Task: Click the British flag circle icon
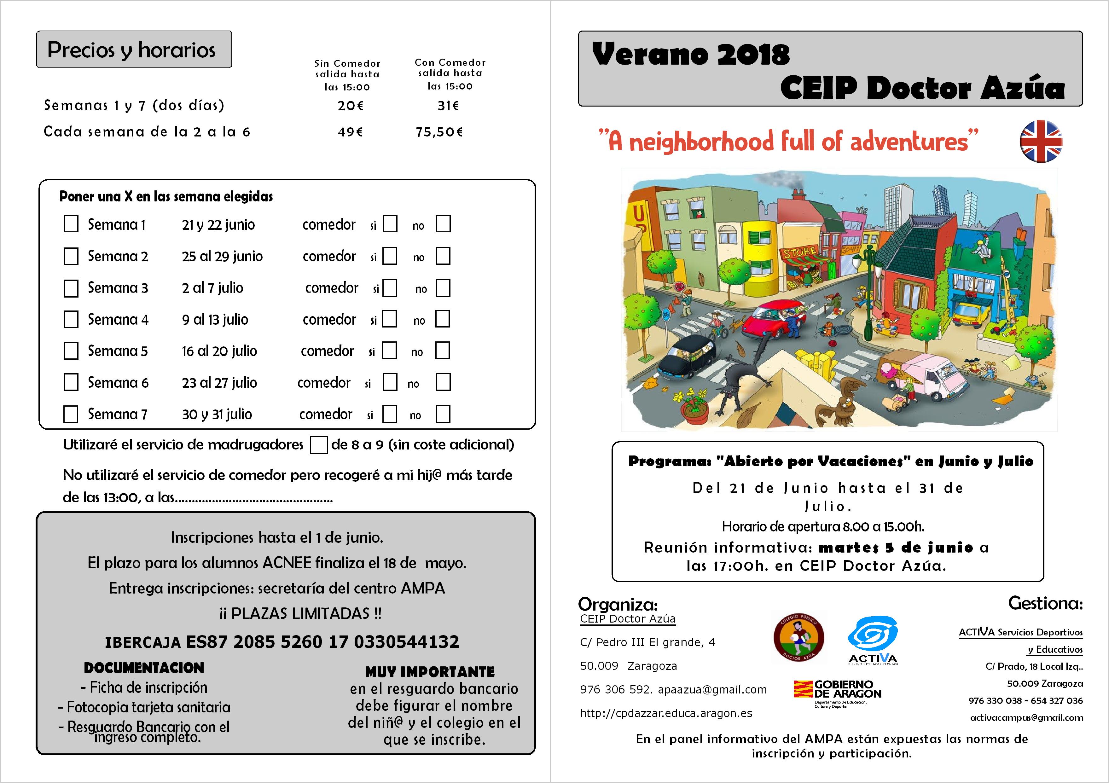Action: click(x=1041, y=141)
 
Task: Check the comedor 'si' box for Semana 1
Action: click(x=390, y=224)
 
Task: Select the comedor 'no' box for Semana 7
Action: click(x=443, y=414)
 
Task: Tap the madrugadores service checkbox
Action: click(x=318, y=445)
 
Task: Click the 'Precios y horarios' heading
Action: click(x=131, y=50)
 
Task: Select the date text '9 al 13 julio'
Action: click(x=215, y=320)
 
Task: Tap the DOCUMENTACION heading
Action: click(x=144, y=668)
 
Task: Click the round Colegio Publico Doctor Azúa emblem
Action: click(x=798, y=638)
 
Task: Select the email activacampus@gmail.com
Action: click(x=1026, y=718)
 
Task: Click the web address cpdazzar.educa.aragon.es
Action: click(x=666, y=713)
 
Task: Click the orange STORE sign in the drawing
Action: click(x=800, y=252)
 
